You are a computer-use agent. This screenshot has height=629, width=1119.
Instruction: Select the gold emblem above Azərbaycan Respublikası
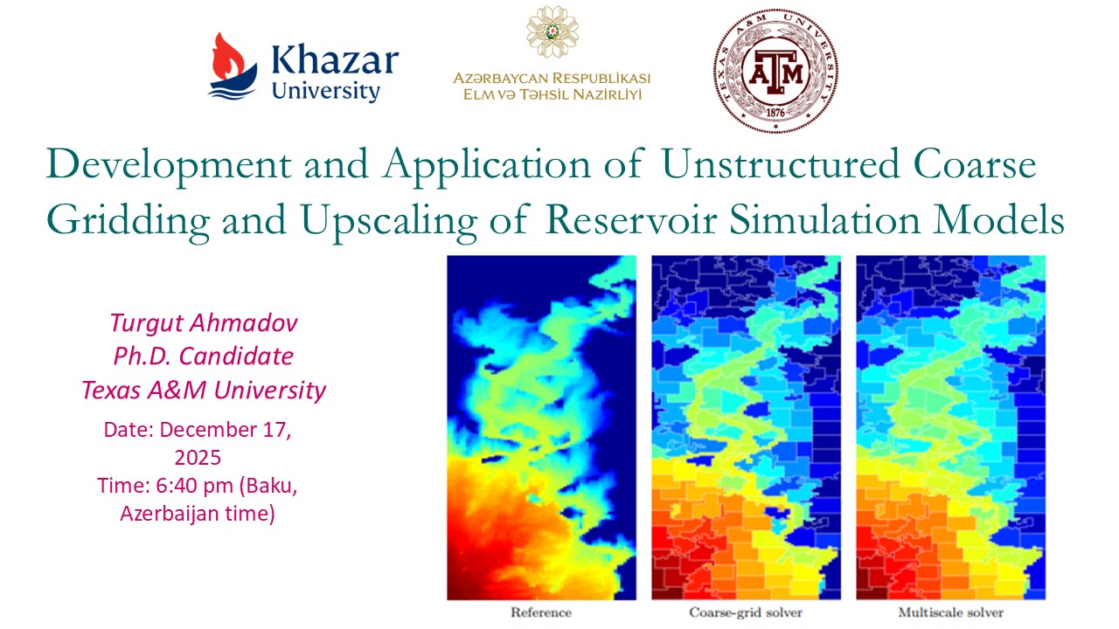[552, 31]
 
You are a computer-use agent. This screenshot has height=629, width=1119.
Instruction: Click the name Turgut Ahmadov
[204, 323]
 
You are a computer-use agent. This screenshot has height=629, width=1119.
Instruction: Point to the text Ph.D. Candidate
[204, 356]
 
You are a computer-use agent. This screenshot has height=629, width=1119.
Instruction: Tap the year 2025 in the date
[198, 458]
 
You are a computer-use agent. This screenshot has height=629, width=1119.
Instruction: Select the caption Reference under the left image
[540, 612]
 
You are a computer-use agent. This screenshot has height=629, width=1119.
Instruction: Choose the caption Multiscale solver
[951, 612]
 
